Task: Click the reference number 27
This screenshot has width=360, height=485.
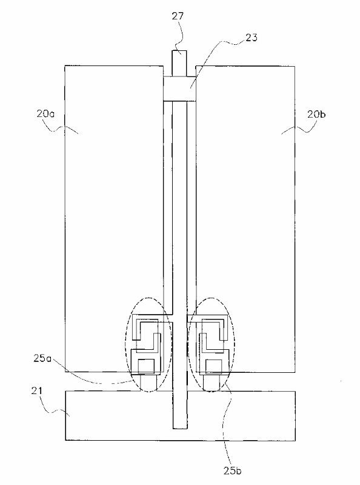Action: click(x=178, y=16)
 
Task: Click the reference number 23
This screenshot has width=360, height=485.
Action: click(x=251, y=38)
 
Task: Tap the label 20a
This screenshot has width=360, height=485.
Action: click(x=45, y=114)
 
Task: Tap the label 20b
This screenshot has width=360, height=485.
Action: click(x=317, y=114)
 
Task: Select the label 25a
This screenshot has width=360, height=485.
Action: click(x=42, y=358)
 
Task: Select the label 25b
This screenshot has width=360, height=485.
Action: click(x=232, y=470)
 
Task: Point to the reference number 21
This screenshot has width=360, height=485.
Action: click(x=36, y=391)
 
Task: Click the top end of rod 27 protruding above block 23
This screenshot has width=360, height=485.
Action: click(x=179, y=52)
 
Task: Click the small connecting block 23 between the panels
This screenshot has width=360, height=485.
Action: click(x=179, y=89)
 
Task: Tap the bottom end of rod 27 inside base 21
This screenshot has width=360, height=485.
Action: click(x=179, y=429)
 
